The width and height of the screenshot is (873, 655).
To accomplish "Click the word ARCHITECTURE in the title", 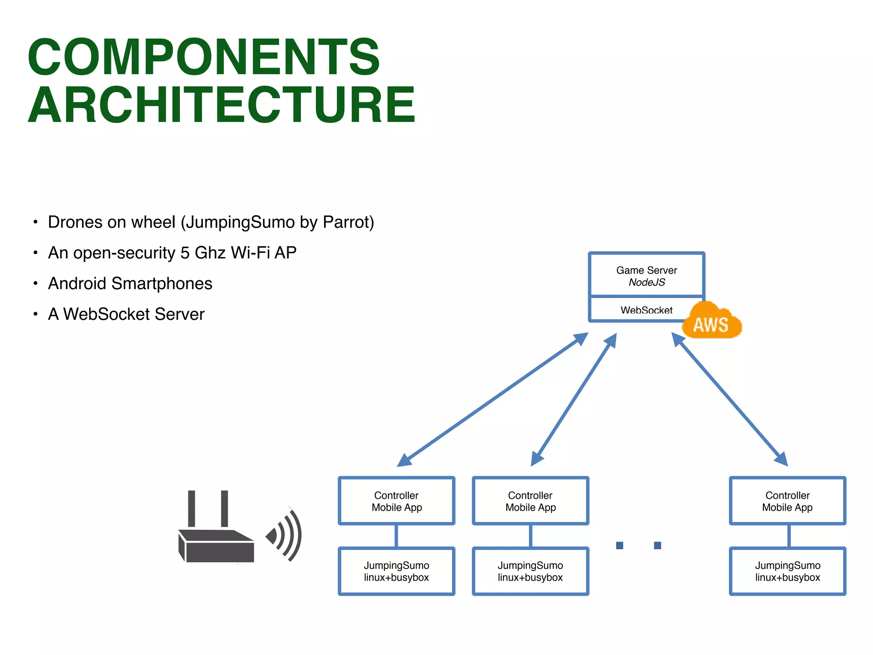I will tap(222, 105).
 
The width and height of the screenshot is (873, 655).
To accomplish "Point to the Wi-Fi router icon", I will tap(217, 537).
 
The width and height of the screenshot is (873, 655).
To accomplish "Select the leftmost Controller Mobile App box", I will tap(396, 501).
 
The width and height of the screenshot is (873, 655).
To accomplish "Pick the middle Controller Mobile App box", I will tap(530, 501).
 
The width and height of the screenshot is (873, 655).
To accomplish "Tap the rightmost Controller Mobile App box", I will tap(787, 501).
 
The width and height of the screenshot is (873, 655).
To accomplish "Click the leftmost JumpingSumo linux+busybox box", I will tap(396, 571).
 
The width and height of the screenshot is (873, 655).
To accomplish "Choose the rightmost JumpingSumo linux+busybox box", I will tap(787, 571).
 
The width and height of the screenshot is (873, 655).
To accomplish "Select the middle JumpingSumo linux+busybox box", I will tap(530, 571).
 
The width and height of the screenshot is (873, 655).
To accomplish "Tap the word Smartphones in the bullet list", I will tap(162, 284).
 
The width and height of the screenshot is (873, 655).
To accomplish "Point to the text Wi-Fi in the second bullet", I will tap(250, 253).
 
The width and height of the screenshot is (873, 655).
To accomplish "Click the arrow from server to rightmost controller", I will tap(730, 400).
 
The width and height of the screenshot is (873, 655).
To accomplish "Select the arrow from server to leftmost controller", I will tap(492, 400).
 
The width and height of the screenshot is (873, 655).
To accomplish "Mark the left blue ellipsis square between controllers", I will tap(619, 545).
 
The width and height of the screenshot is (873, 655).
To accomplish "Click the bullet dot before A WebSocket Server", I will tap(36, 314).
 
